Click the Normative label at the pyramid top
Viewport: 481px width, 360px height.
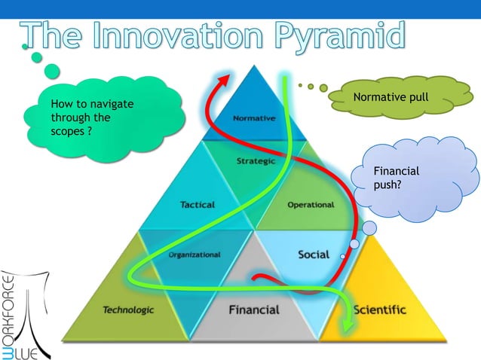(253, 118)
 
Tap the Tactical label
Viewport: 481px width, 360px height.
(197, 204)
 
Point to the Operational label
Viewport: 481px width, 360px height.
(311, 204)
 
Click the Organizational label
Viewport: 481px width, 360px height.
(195, 255)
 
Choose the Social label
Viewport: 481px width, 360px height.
(314, 255)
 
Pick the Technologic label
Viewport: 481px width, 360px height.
(128, 310)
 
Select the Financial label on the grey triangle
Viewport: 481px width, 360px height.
(254, 310)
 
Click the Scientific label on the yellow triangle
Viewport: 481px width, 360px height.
(379, 310)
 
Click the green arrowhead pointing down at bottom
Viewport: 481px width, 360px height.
(347, 325)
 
